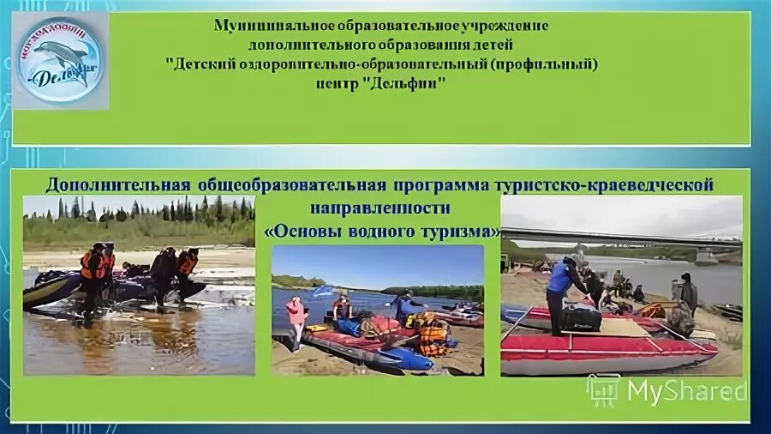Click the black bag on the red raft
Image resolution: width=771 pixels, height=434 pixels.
click(x=582, y=318)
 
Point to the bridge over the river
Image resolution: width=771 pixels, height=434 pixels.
click(x=617, y=236)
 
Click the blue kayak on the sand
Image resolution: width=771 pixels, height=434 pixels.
click(x=394, y=355)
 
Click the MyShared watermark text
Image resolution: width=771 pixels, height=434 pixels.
click(x=686, y=391)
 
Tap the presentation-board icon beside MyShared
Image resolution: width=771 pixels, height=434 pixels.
click(x=604, y=390)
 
